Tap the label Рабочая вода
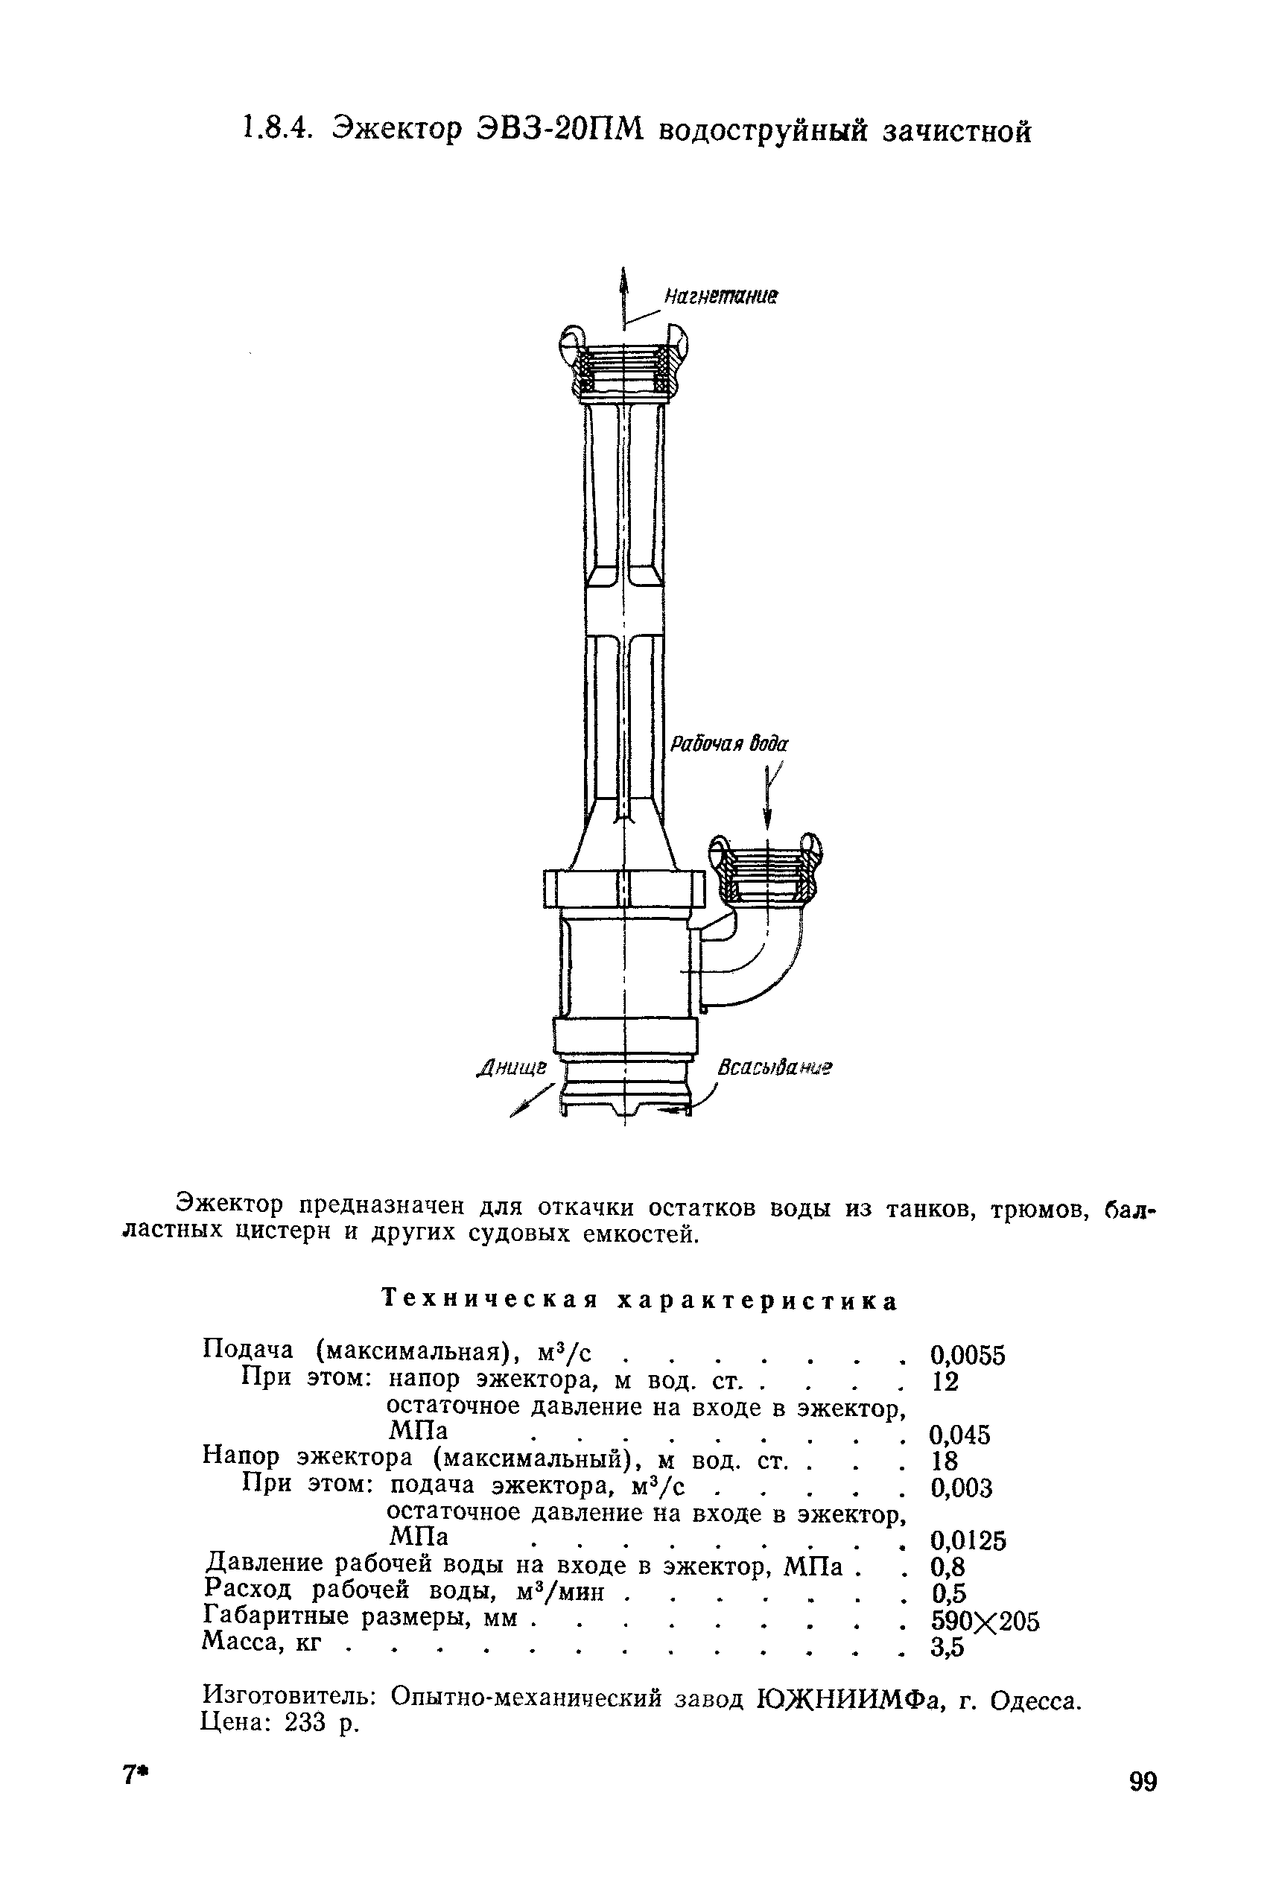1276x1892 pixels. [x=729, y=745]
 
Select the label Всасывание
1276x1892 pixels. [x=775, y=1067]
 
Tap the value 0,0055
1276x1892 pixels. [x=968, y=1356]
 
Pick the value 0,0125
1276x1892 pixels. [x=968, y=1540]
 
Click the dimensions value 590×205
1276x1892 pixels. [x=985, y=1621]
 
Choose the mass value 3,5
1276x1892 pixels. [x=948, y=1648]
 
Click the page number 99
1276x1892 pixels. [x=1143, y=1783]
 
